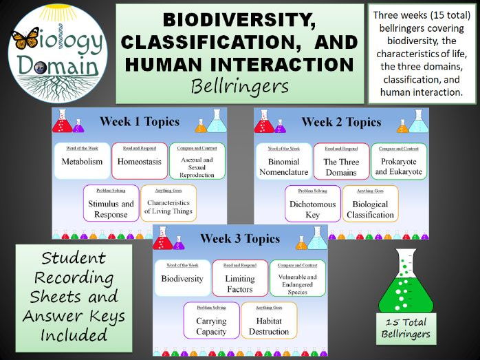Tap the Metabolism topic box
point(82,162)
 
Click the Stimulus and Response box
point(111,204)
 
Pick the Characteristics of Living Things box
point(168,204)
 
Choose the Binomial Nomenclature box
point(283,162)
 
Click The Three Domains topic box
point(340,162)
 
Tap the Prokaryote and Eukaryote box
point(398,162)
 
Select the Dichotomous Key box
point(312,204)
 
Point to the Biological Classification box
point(369,204)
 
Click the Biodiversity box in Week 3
point(182,279)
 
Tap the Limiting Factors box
point(239,279)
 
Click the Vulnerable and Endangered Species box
point(297,279)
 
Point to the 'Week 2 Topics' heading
point(341,123)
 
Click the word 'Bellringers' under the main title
point(239,87)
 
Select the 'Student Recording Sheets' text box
point(74,296)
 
